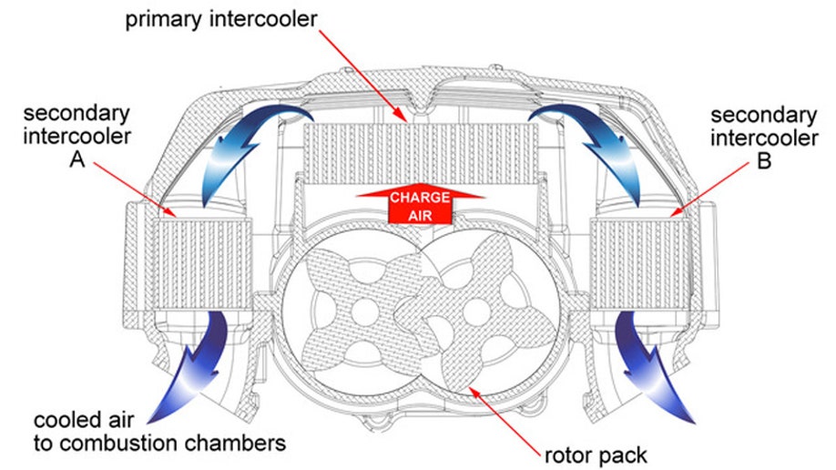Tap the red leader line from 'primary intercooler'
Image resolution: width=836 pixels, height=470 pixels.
[361, 74]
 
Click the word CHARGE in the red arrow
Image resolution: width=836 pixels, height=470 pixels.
[421, 199]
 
